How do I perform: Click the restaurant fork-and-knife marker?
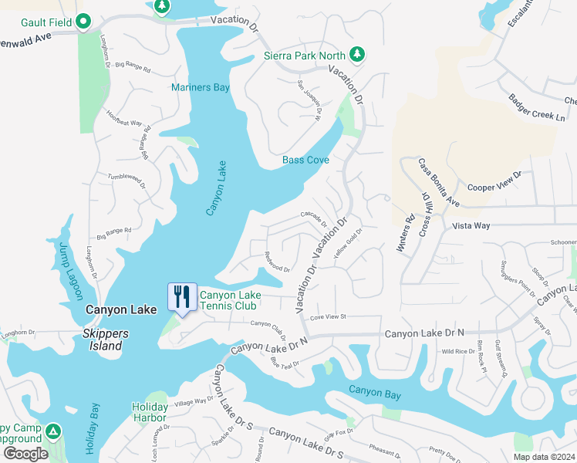[182, 297]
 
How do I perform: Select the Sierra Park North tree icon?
[356, 55]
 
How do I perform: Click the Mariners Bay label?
[201, 88]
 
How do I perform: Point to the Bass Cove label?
[305, 161]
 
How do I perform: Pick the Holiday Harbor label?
[150, 412]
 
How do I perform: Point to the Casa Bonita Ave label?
[439, 183]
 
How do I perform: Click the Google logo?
[25, 454]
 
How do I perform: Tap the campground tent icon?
[52, 429]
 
